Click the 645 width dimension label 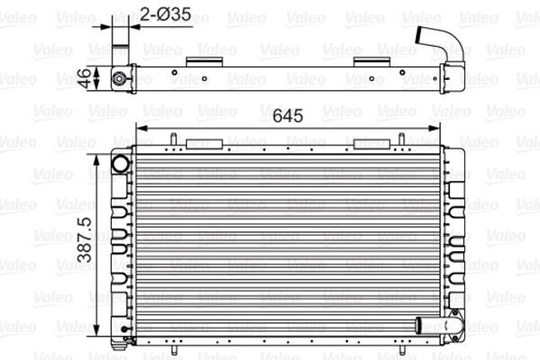(x=288, y=116)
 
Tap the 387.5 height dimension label (x=85, y=239)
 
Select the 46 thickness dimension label (x=84, y=78)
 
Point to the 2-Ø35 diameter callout (x=166, y=14)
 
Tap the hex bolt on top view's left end (x=119, y=78)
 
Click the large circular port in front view (x=121, y=164)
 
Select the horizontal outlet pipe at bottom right (x=437, y=326)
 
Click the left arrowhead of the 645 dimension (x=142, y=129)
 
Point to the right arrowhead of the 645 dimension (x=434, y=129)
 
